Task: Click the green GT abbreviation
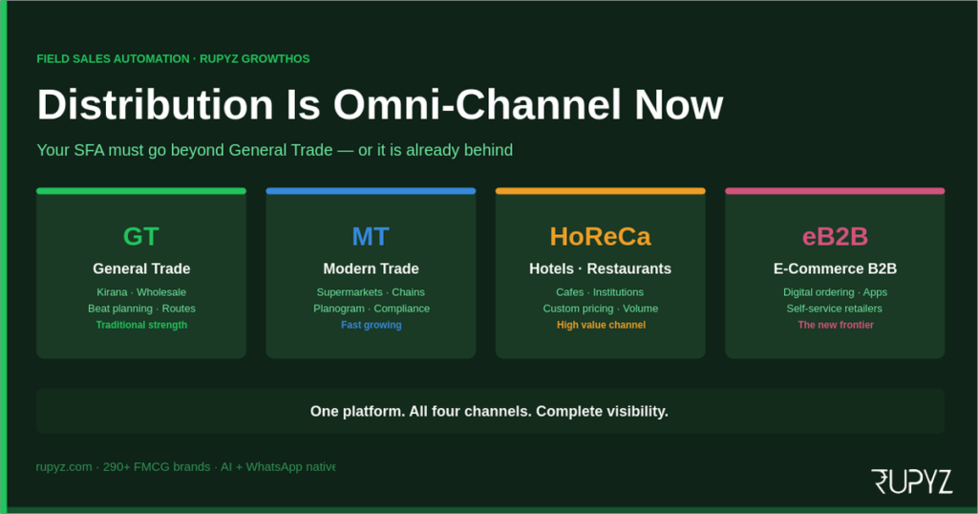pyautogui.click(x=141, y=236)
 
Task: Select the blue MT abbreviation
pyautogui.click(x=371, y=236)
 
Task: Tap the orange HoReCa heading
pyautogui.click(x=600, y=236)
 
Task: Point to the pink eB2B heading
pyautogui.click(x=835, y=236)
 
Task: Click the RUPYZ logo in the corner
pyautogui.click(x=911, y=482)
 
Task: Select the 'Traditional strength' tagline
pyautogui.click(x=141, y=325)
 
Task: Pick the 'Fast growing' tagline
pyautogui.click(x=371, y=325)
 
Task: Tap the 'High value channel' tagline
pyautogui.click(x=601, y=325)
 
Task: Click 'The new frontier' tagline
pyautogui.click(x=836, y=325)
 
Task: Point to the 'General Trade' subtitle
pyautogui.click(x=141, y=268)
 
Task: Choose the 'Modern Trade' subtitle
pyautogui.click(x=371, y=268)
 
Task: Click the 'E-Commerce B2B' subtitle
pyautogui.click(x=835, y=268)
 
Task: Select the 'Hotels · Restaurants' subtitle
pyautogui.click(x=600, y=268)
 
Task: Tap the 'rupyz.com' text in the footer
pyautogui.click(x=64, y=467)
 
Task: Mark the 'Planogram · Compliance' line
pyautogui.click(x=371, y=309)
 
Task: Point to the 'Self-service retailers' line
pyautogui.click(x=835, y=309)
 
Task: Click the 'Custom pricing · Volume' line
pyautogui.click(x=600, y=309)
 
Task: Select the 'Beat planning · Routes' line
pyautogui.click(x=141, y=309)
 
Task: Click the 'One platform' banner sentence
pyautogui.click(x=489, y=411)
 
